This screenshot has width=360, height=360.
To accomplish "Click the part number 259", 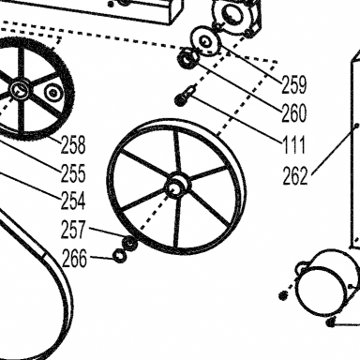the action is pos(294,84).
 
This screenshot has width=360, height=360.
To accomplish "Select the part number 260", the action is pos(294,113).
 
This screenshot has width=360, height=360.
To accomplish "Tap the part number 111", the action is pos(293,144).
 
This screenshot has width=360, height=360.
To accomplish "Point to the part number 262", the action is pos(295,175).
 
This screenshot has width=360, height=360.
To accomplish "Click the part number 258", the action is pos(73,144).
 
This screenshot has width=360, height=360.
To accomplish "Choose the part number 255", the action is pos(73,173).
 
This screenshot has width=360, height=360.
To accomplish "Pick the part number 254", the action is pos(73,201).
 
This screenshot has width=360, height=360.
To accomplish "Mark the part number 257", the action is pos(73,230).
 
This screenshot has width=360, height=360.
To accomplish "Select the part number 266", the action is pos(75,259).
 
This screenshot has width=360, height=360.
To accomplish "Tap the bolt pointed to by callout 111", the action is pos(186,96).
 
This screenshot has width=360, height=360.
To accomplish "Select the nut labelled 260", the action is pos(187,59).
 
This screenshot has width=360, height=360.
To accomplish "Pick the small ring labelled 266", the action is pos(120,256).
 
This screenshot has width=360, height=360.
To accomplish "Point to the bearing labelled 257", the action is pos(129,243).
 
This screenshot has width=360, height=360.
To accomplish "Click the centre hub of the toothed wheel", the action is pos(20,89).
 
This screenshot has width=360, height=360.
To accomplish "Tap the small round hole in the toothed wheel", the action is pos(52,92).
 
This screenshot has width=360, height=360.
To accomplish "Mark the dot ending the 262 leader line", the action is pos(356,126).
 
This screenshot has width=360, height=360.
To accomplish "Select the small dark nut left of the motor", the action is pos(283,295).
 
